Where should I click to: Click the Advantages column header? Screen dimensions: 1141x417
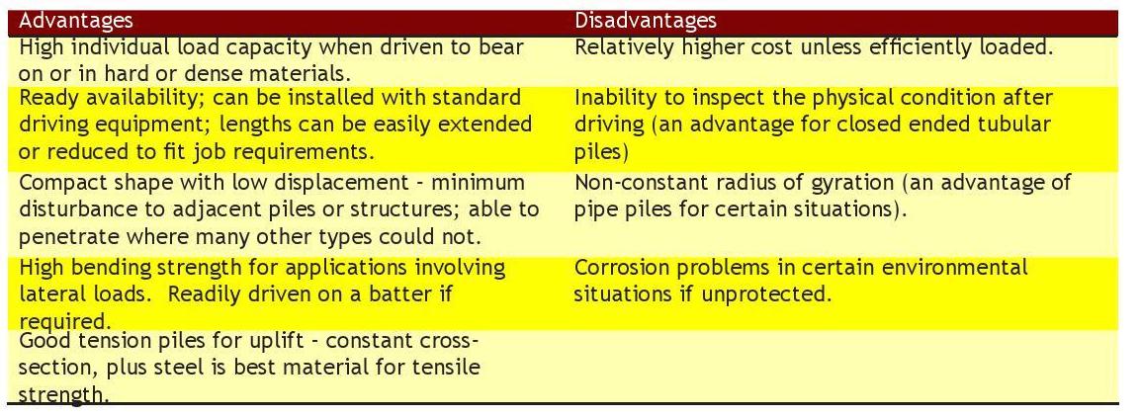pyautogui.click(x=76, y=21)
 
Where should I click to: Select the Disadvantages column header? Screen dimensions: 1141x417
pyautogui.click(x=646, y=21)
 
